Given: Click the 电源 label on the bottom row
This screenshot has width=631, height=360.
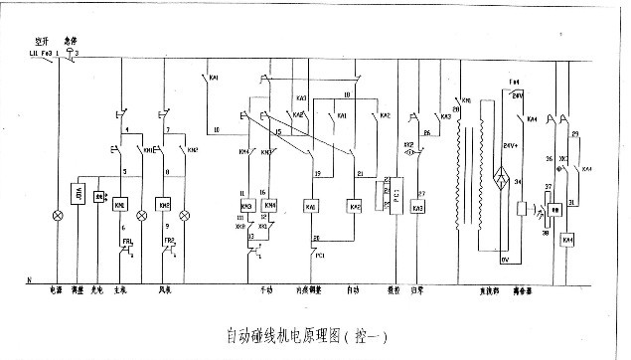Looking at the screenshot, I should tap(57, 291).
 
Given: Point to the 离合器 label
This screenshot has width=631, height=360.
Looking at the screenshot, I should tap(533, 291).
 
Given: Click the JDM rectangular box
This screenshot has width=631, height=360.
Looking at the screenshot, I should tap(77, 192).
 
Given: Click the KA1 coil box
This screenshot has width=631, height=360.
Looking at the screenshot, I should tap(311, 206).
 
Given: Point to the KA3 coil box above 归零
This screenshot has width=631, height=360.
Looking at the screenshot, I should tap(418, 208).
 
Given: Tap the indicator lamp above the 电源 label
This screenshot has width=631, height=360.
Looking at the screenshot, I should tap(57, 214).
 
